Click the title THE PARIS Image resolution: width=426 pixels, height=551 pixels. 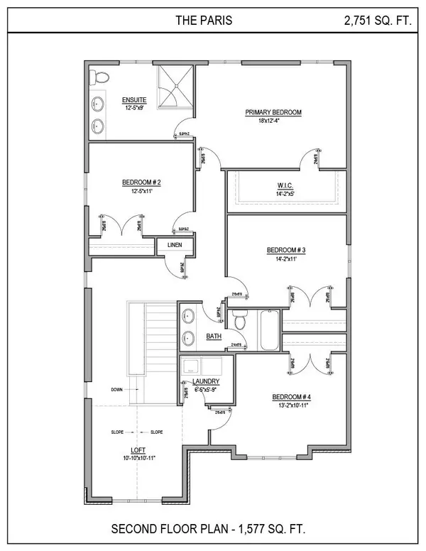pyautogui.click(x=203, y=21)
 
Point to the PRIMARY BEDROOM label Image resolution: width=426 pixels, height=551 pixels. pyautogui.click(x=273, y=112)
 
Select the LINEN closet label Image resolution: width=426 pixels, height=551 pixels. pyautogui.click(x=175, y=245)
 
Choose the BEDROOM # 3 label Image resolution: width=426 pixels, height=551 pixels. pyautogui.click(x=285, y=250)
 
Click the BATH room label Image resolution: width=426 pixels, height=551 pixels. pyautogui.click(x=214, y=336)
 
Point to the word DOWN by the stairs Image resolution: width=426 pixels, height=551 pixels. pyautogui.click(x=117, y=389)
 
